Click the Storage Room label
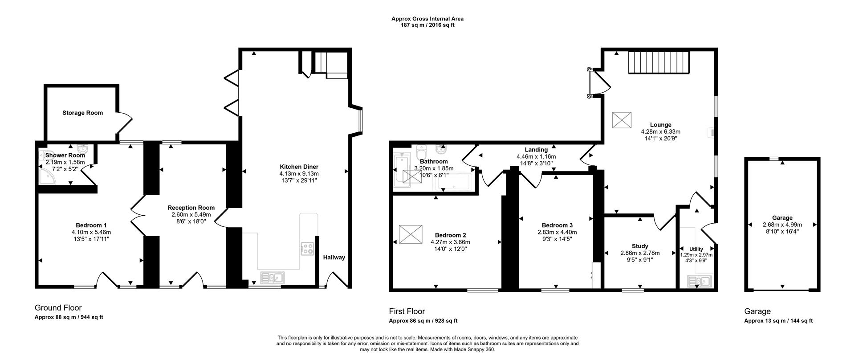pos(82,113)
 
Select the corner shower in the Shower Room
pos(47,176)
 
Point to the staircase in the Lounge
pos(659,62)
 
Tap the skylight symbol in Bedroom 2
pos(409,234)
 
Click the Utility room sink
pos(699,281)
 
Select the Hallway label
pos(334,258)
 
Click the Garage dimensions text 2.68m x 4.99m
pos(782,225)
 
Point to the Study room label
pos(640,246)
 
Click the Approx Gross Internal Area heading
pos(427,19)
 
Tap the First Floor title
pos(407,311)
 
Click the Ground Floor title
pos(58,308)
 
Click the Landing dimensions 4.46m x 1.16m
pos(536,157)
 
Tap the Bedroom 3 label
pos(557,225)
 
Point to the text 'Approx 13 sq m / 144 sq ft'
pos(778,321)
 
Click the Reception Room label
pos(191,208)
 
